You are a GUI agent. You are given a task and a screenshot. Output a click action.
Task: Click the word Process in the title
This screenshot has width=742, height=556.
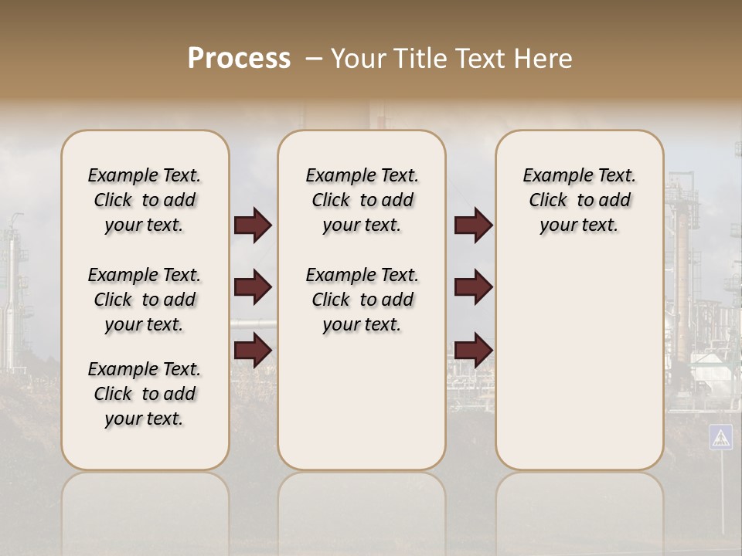coord(239,59)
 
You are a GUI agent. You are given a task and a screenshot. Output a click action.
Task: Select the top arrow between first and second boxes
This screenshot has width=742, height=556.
coord(253,225)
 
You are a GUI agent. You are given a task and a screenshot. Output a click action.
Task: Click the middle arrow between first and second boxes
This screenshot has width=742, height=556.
coord(253,288)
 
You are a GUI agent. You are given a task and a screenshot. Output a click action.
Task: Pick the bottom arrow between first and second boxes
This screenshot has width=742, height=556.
coord(253,350)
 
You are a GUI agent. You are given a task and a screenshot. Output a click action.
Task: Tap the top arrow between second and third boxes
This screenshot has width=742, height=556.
coord(473,225)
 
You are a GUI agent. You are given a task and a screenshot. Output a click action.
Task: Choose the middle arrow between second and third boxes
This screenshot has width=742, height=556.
coord(473,287)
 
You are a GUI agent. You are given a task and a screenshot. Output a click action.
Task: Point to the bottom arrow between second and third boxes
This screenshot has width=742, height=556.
coord(473,349)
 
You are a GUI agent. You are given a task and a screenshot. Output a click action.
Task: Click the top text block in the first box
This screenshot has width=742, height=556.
coord(145,200)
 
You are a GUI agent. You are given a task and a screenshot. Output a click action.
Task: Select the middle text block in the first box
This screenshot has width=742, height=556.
coord(145,300)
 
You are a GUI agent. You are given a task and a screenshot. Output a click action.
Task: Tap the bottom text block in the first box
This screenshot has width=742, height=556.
coord(145,394)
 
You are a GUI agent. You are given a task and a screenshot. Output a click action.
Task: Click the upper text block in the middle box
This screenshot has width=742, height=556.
coord(362,200)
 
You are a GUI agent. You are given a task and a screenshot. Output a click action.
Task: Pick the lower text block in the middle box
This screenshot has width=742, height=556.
coord(362,300)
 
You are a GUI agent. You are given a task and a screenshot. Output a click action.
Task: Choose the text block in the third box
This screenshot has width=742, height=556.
coord(580,200)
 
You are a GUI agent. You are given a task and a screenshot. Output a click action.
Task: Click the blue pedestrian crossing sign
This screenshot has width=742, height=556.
coord(720,437)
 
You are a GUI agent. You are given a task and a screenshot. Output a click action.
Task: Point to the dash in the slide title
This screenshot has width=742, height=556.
coord(313,59)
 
